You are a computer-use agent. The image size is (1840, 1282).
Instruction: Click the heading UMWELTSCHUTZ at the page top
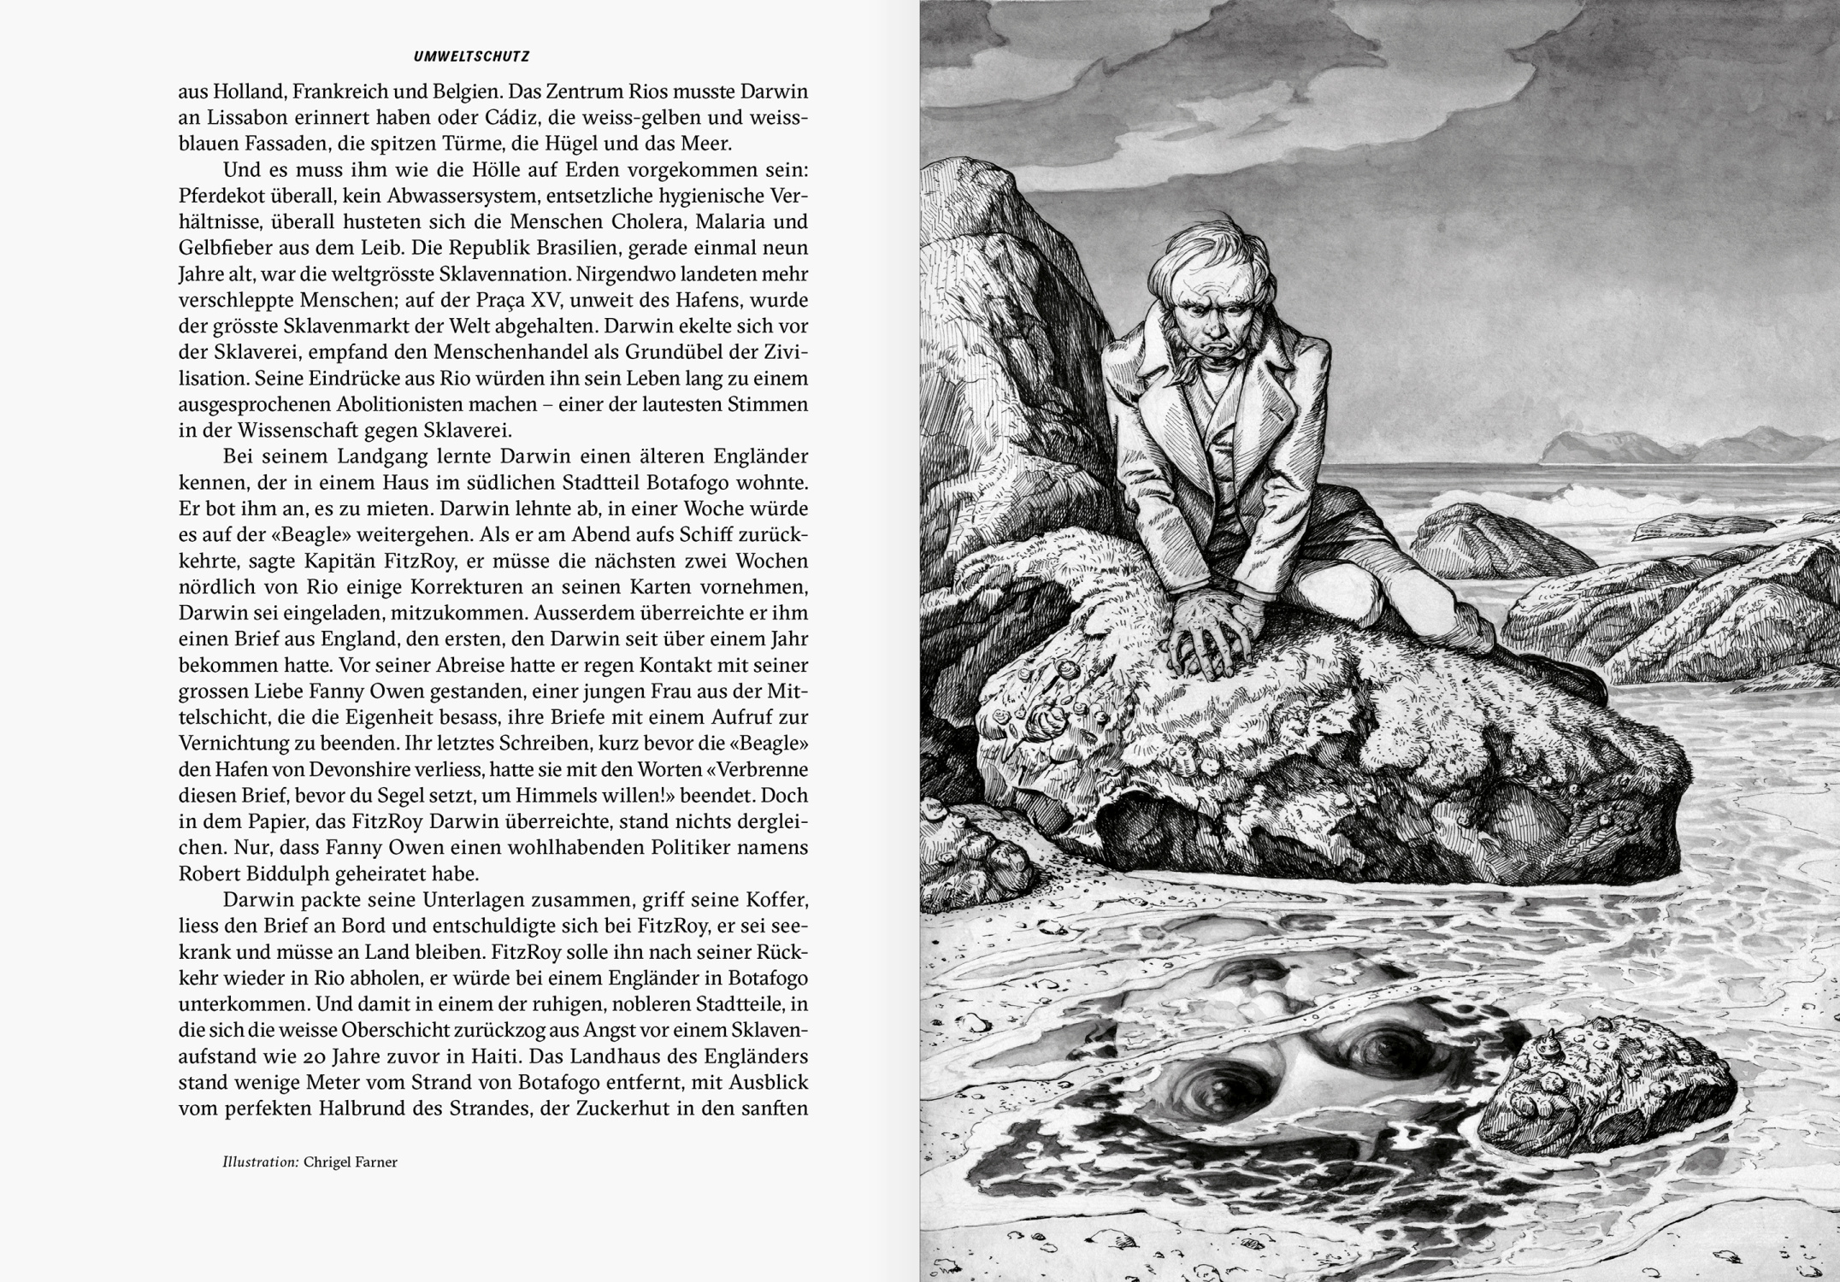471,57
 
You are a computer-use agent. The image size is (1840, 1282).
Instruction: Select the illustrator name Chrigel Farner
351,1162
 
